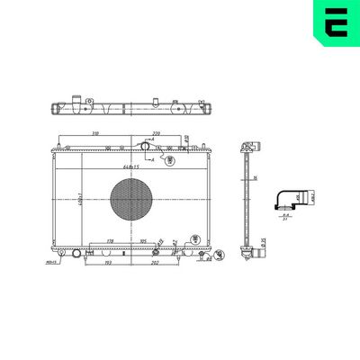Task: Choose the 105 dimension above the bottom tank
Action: pyautogui.click(x=143, y=241)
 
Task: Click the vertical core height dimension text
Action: pyautogui.click(x=56, y=199)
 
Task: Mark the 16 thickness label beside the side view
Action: pyautogui.click(x=256, y=178)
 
